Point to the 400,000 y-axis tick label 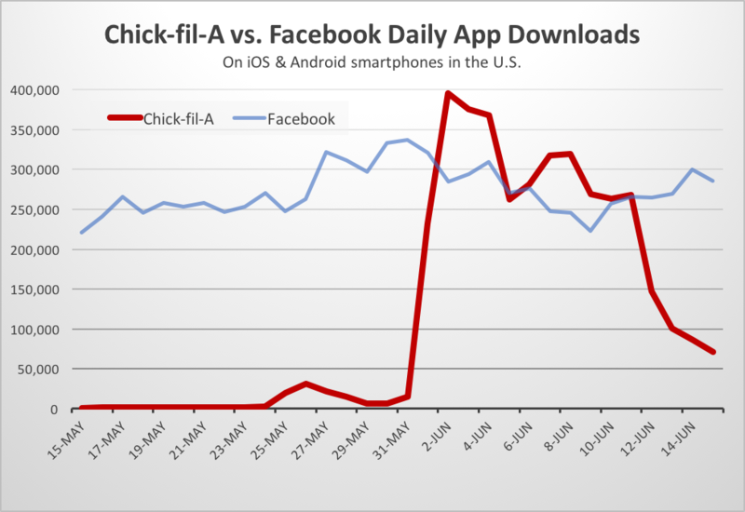35,90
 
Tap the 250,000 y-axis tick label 35,210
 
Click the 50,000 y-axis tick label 39,370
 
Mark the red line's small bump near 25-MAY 305,384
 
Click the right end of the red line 713,352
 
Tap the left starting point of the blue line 81,233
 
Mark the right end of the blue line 713,181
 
